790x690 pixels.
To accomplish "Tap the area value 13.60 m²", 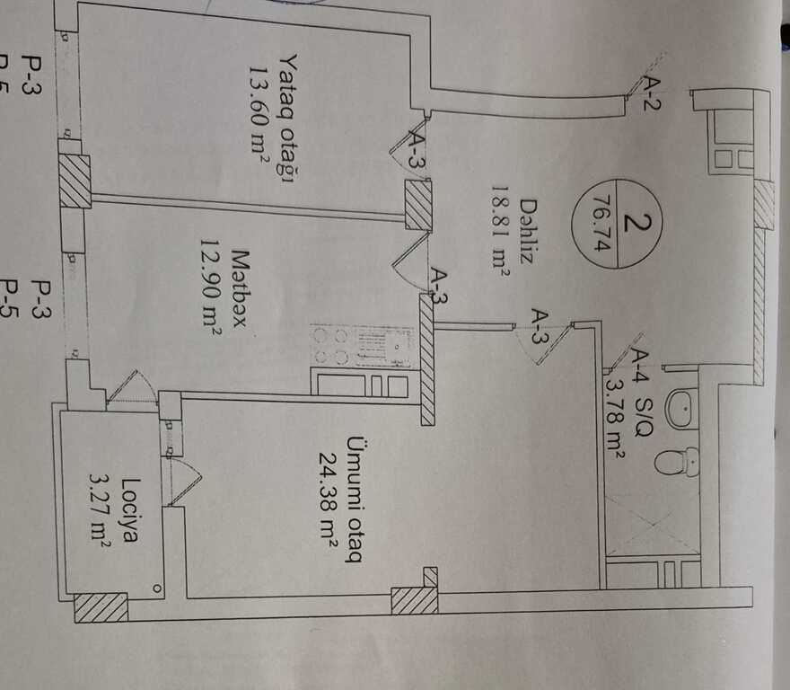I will click(x=260, y=116).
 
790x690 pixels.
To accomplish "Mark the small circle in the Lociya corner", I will click(x=157, y=589).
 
